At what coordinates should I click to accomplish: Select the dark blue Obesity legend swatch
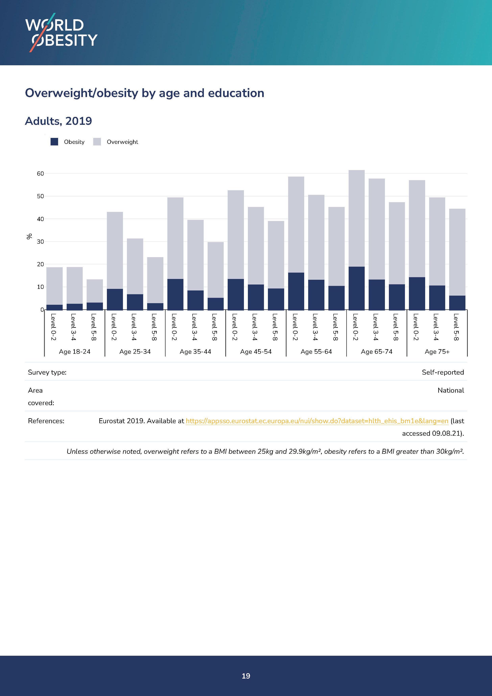point(54,142)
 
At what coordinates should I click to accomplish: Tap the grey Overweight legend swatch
point(97,142)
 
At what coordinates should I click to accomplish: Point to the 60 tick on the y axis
point(40,174)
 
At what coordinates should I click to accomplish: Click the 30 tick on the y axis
point(40,242)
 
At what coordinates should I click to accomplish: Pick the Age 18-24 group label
point(75,352)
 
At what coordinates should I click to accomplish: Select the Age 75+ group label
point(437,352)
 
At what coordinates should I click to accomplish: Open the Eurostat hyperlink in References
point(317,421)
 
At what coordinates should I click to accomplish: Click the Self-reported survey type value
point(443,372)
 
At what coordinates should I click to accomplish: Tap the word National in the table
point(451,390)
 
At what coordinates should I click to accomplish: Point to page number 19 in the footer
point(246,676)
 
